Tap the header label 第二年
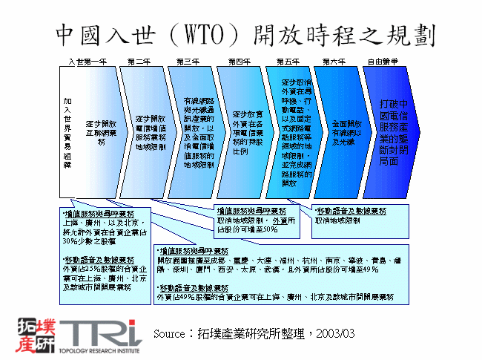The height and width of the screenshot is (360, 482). [x=139, y=60]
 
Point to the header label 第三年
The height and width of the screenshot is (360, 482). [x=188, y=60]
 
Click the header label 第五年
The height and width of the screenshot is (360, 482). [x=288, y=60]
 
